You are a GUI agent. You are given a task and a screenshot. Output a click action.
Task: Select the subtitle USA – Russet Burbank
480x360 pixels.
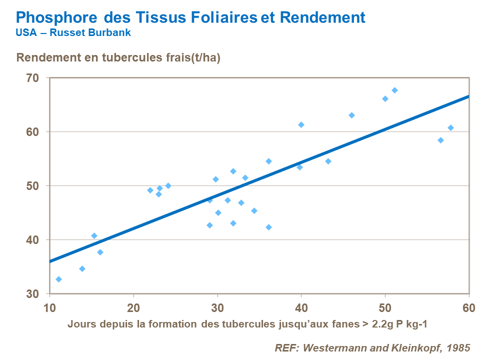(x=73, y=33)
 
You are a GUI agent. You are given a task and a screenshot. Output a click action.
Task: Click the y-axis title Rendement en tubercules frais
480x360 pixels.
(x=118, y=57)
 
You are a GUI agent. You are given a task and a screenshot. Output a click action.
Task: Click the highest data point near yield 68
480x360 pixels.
(x=394, y=90)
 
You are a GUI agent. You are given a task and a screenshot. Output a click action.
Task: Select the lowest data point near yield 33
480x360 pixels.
(x=58, y=279)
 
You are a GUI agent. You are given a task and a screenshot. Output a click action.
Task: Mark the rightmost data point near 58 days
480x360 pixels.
(x=450, y=127)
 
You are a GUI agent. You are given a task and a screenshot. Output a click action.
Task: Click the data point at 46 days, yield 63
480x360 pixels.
(x=351, y=115)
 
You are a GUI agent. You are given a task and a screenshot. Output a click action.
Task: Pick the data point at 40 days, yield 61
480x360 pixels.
(x=301, y=124)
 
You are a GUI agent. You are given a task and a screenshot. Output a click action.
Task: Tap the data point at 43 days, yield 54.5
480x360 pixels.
(x=328, y=161)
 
